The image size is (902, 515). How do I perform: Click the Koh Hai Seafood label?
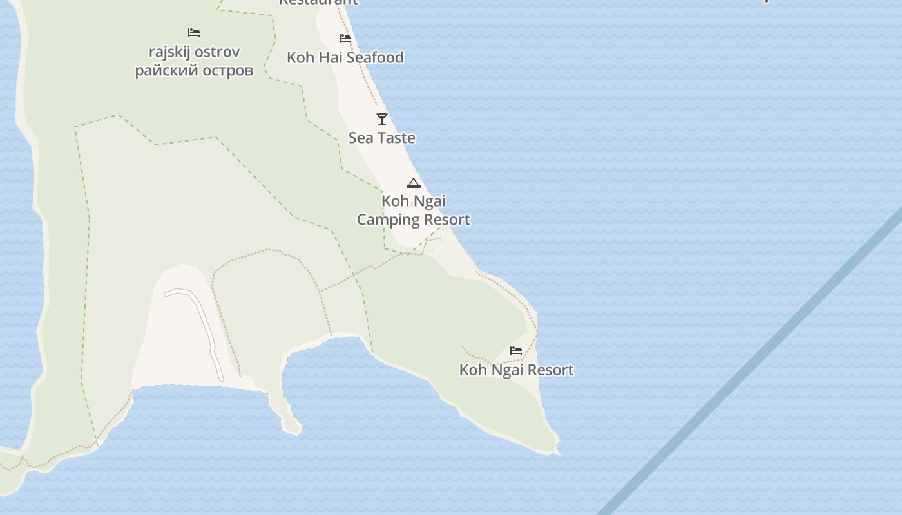point(345,57)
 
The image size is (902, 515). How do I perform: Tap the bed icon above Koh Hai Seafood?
point(345,39)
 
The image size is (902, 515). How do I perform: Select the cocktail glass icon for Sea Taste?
point(382,119)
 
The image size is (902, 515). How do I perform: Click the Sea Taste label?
point(382,138)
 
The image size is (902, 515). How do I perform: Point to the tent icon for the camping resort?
point(414,183)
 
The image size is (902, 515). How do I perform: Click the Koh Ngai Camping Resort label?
point(414,211)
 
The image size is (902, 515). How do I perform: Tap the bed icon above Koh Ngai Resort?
point(516,351)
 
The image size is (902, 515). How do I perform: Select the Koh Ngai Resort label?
point(516,370)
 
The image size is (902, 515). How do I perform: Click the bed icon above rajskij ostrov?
point(194,33)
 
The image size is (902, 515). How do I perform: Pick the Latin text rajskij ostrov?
point(194,51)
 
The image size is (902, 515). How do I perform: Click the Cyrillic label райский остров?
point(194,70)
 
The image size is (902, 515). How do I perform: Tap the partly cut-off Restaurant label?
point(318,2)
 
